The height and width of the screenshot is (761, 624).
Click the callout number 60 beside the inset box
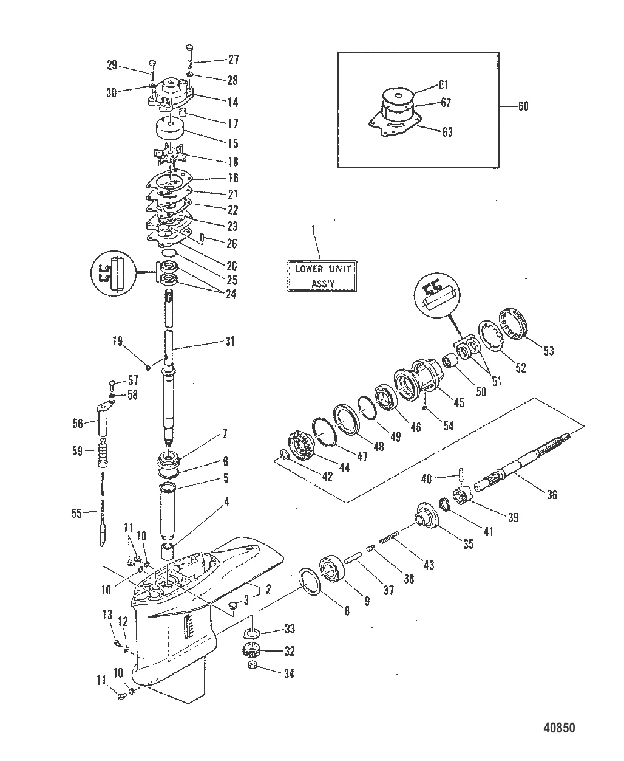(522, 106)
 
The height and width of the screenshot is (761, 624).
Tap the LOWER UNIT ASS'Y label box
(322, 276)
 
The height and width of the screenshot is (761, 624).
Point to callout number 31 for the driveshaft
(229, 342)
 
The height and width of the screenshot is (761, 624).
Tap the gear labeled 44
(299, 446)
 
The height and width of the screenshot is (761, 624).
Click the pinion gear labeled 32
(255, 650)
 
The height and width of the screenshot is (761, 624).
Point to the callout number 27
(232, 60)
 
